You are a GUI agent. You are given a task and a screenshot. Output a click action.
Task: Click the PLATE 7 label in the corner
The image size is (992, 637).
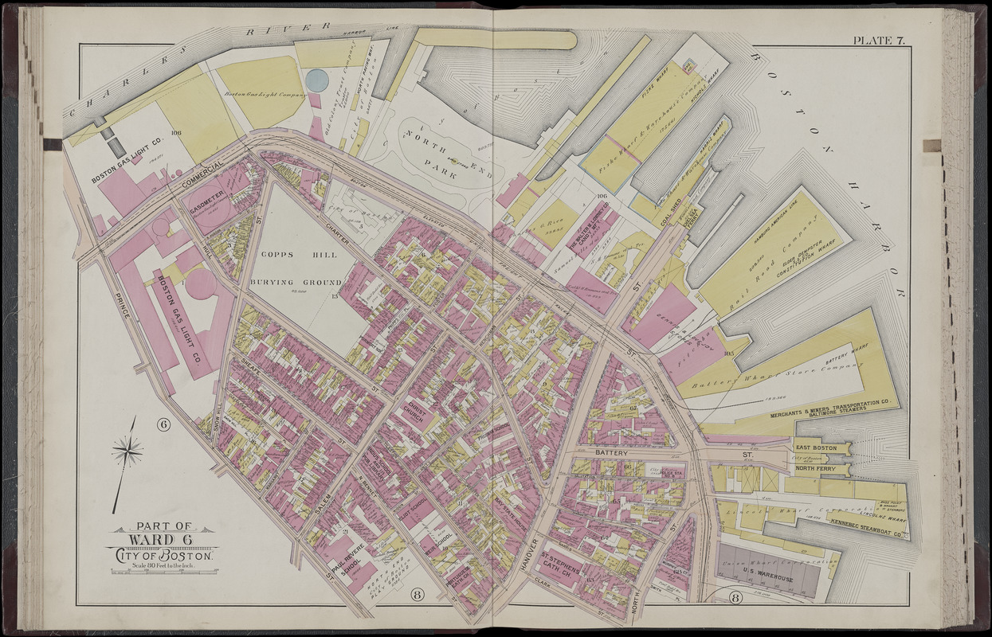pyautogui.click(x=878, y=41)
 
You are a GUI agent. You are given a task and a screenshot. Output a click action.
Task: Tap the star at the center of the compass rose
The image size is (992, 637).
pyautogui.click(x=127, y=452)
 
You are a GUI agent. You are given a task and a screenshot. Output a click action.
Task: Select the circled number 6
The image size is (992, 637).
pyautogui.click(x=164, y=424)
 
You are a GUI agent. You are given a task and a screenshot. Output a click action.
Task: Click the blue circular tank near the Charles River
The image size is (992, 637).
pyautogui.click(x=316, y=80)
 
